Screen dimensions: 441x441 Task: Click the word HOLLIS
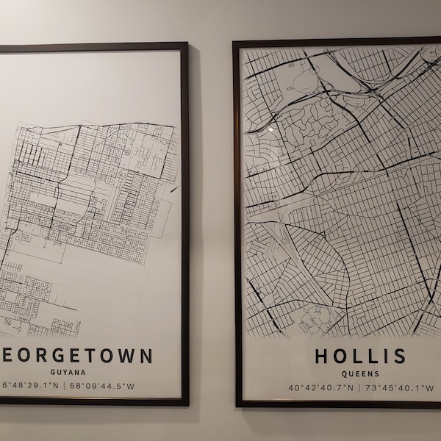(x=360, y=356)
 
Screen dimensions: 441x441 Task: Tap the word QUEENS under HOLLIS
(x=360, y=373)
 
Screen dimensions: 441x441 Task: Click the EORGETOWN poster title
(x=77, y=356)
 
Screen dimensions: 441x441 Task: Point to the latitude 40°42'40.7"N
(x=321, y=387)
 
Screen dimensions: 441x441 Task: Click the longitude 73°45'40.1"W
(x=401, y=387)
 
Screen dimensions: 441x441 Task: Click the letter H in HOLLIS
(x=322, y=356)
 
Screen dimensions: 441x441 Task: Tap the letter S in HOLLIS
(x=398, y=356)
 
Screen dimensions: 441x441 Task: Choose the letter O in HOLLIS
(x=340, y=356)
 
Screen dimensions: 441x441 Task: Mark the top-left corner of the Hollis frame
(x=234, y=43)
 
